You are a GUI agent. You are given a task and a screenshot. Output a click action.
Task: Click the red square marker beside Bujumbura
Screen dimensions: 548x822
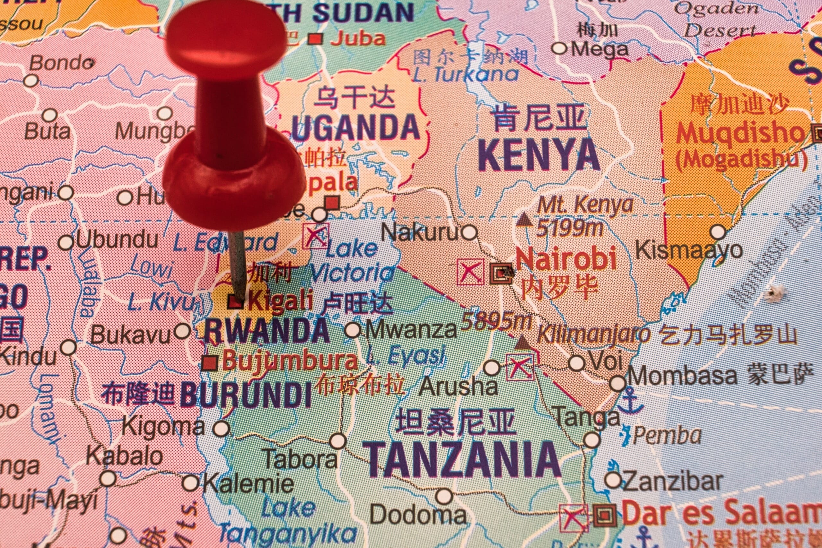click(210, 363)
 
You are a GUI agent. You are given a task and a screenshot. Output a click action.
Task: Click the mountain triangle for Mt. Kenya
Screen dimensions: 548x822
click(524, 219)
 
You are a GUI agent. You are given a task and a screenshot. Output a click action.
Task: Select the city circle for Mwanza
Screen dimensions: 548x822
click(353, 330)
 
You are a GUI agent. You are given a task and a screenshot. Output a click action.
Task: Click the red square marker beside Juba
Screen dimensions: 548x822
click(316, 39)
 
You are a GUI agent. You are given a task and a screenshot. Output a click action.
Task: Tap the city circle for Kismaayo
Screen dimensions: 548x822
click(718, 232)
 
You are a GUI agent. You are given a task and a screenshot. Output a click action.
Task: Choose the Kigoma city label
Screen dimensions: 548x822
click(163, 427)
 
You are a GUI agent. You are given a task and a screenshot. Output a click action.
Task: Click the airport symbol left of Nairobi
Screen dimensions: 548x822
click(470, 272)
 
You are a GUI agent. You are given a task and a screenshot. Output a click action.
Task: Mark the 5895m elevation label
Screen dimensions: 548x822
click(497, 321)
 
